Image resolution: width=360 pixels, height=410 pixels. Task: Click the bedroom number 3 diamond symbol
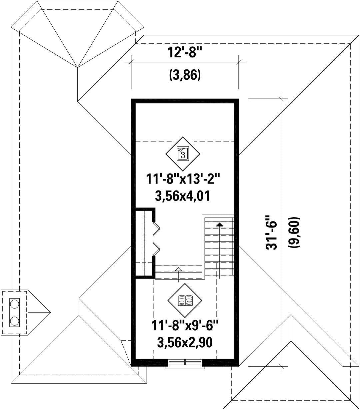[183, 154]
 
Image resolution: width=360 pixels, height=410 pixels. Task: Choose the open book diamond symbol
[185, 300]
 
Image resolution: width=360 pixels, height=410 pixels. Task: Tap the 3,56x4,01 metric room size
[182, 196]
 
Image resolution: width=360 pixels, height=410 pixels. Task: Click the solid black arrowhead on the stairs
[219, 225]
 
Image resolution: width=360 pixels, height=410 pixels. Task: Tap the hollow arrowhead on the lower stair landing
[178, 269]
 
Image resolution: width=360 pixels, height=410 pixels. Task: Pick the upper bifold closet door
[156, 229]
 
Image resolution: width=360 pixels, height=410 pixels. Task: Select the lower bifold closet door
[156, 249]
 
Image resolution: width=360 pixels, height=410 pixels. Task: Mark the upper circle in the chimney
[14, 305]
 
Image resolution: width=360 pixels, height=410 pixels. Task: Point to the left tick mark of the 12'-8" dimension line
[131, 62]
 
